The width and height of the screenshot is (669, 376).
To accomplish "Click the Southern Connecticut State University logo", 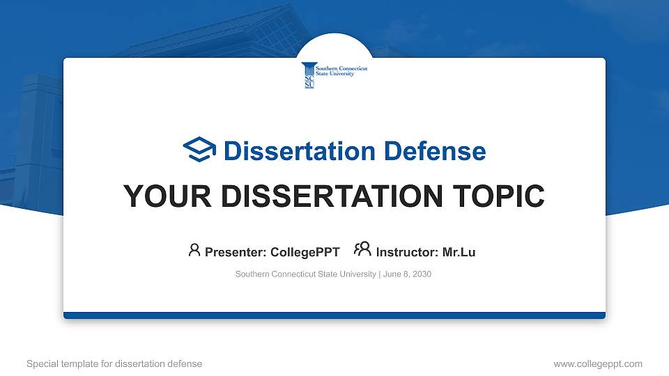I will point(334,75).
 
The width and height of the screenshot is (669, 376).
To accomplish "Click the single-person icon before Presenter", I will point(194,251).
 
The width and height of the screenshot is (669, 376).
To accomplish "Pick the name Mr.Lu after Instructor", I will point(459,252).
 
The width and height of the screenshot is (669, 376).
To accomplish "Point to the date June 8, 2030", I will point(407,274).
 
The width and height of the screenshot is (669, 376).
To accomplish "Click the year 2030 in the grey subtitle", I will point(422,274).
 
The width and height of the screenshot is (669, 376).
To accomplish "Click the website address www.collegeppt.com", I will point(597,363).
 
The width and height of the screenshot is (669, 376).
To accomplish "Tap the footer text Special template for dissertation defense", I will point(114,363).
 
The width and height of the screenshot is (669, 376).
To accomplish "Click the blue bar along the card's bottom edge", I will point(334,315).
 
